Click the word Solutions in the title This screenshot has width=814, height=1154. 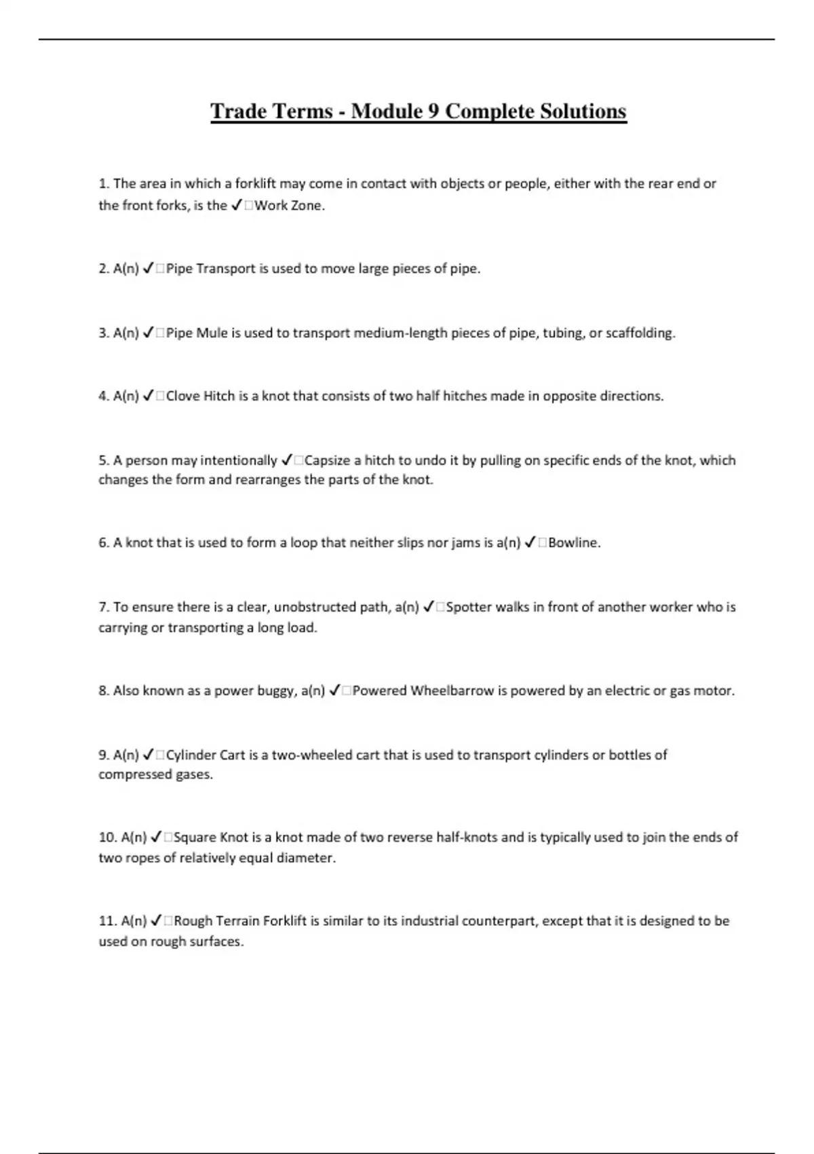click(x=583, y=111)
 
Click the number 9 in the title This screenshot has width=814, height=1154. click(x=432, y=111)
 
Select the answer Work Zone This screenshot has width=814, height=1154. click(x=289, y=206)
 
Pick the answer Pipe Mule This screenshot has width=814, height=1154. click(x=197, y=333)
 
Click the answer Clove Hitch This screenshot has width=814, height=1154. click(x=200, y=396)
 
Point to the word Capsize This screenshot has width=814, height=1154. click(x=328, y=460)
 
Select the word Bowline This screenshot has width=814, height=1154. click(x=574, y=543)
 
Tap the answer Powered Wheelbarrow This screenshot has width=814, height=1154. click(x=423, y=691)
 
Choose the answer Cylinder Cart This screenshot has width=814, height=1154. click(x=206, y=755)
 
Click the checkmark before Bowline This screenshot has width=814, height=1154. click(x=530, y=543)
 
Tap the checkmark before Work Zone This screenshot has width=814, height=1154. click(x=236, y=206)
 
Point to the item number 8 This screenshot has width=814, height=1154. click(x=104, y=691)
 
